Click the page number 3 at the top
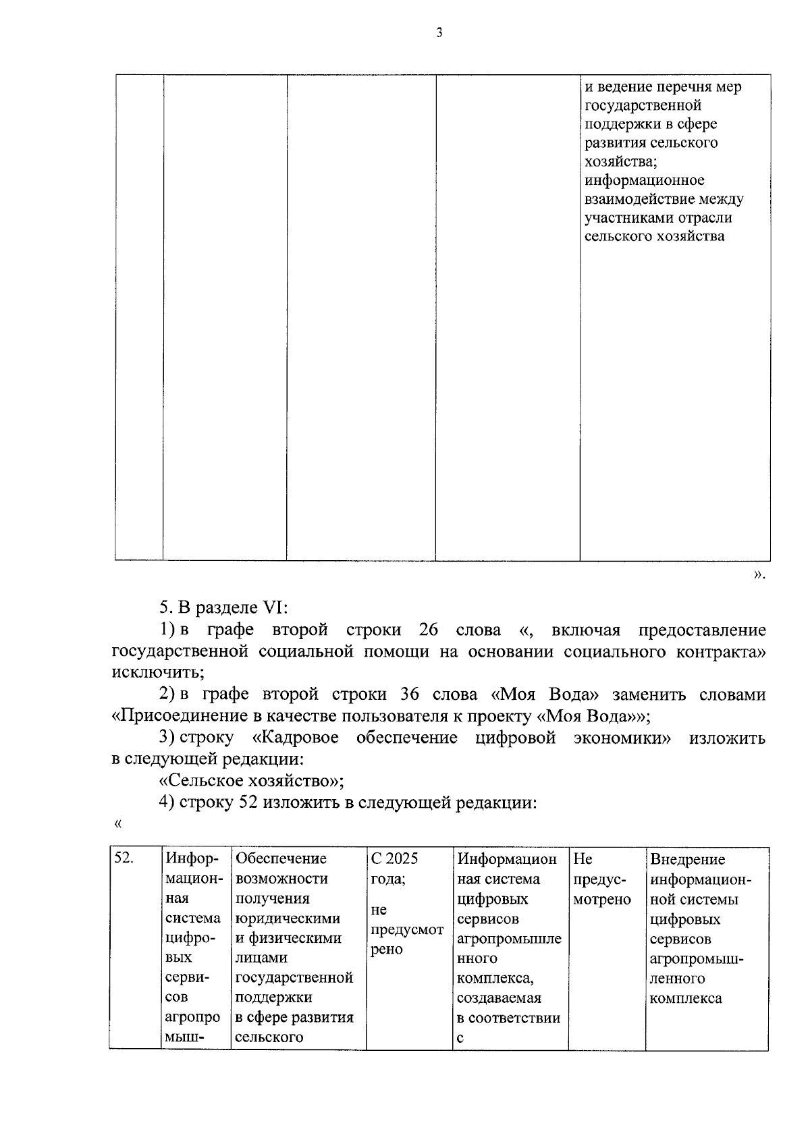pyautogui.click(x=439, y=32)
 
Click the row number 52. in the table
pyautogui.click(x=124, y=858)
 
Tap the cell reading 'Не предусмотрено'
pyautogui.click(x=601, y=879)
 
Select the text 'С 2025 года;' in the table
pyautogui.click(x=394, y=868)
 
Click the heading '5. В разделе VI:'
pyautogui.click(x=223, y=607)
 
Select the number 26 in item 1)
pyautogui.click(x=429, y=630)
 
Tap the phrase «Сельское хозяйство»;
pyautogui.click(x=251, y=781)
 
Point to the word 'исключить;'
pyautogui.click(x=157, y=672)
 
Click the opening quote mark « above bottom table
pyautogui.click(x=119, y=823)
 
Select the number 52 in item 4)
pyautogui.click(x=247, y=802)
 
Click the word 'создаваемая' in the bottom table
pyautogui.click(x=499, y=998)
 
